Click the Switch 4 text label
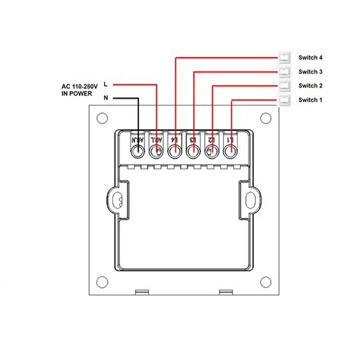pyautogui.click(x=311, y=57)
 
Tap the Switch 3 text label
pyautogui.click(x=311, y=71)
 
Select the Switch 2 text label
pyautogui.click(x=311, y=86)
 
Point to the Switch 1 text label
pyautogui.click(x=311, y=100)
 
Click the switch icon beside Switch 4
pyautogui.click(x=285, y=57)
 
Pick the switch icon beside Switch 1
pyautogui.click(x=285, y=100)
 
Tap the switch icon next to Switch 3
pyautogui.click(x=285, y=71)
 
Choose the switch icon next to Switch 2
pyautogui.click(x=285, y=86)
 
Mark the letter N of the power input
pyautogui.click(x=105, y=99)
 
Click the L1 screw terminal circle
pyautogui.click(x=229, y=151)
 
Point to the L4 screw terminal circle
pyautogui.click(x=175, y=151)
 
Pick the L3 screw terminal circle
pyautogui.click(x=194, y=151)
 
